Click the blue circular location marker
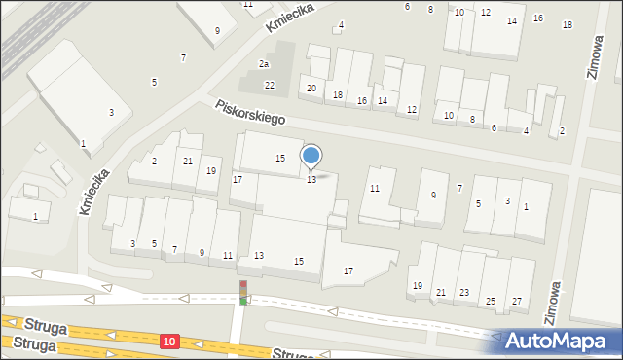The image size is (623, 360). pyautogui.click(x=311, y=155)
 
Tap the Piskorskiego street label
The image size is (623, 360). pyautogui.click(x=251, y=113)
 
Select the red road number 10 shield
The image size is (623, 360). pyautogui.click(x=170, y=341)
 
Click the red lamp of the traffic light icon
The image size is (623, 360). pyautogui.click(x=243, y=284)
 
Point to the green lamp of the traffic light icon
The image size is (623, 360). pyautogui.click(x=243, y=301)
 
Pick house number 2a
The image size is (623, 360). pyautogui.click(x=263, y=64)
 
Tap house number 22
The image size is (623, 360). pyautogui.click(x=270, y=86)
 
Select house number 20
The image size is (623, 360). pyautogui.click(x=311, y=89)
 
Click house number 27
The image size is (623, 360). pyautogui.click(x=517, y=301)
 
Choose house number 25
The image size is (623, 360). pyautogui.click(x=491, y=301)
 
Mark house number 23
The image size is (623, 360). pyautogui.click(x=464, y=292)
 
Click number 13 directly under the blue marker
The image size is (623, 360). pyautogui.click(x=311, y=180)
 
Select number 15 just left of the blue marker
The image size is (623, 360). pyautogui.click(x=280, y=158)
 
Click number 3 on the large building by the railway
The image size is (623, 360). pyautogui.click(x=111, y=113)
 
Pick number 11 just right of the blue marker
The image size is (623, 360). pyautogui.click(x=375, y=188)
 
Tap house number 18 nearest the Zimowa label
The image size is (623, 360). pyautogui.click(x=568, y=24)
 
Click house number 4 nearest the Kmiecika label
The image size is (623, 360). pyautogui.click(x=341, y=24)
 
